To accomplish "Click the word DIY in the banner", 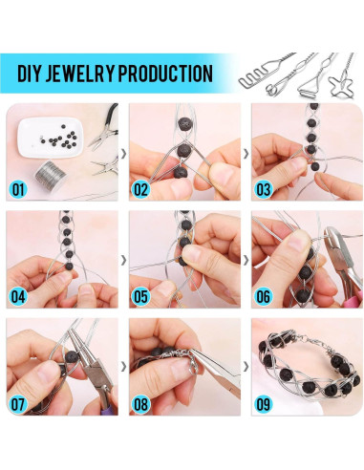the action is point(29,74).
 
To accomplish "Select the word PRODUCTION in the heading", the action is point(165,74).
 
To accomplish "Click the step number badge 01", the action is point(18,189).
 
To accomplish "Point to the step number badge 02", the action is point(140,189).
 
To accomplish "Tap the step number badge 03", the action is point(263,189).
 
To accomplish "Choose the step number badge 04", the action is point(18,296).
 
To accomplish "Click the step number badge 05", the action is point(140,296).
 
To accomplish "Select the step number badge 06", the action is point(263,296).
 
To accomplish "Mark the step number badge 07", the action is point(18,404).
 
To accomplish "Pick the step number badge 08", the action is point(140,404).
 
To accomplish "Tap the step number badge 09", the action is point(263,404).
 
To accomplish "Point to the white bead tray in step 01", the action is point(51,138).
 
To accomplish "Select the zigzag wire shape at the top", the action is point(251,81).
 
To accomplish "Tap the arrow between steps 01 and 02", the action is point(124,154).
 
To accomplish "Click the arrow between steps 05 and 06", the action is point(246,260).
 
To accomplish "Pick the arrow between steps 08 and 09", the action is point(246,367).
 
